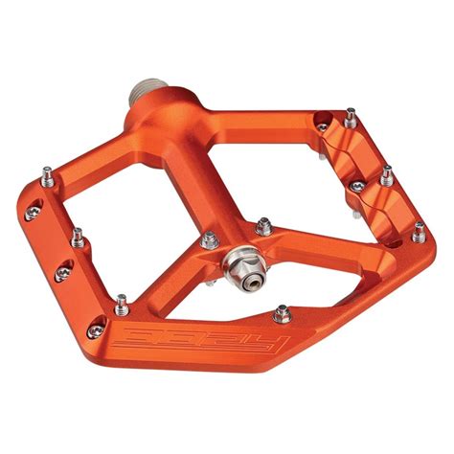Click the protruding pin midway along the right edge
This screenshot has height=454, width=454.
(386, 176)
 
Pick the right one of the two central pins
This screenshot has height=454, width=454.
(264, 226)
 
